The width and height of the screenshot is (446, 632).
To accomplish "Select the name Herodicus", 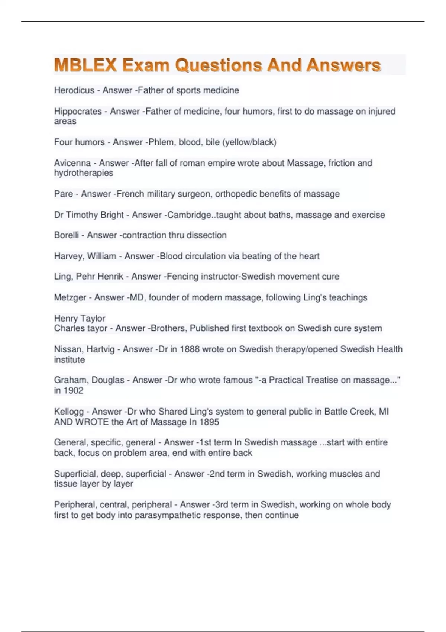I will (74, 90).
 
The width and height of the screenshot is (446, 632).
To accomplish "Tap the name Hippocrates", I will (78, 111).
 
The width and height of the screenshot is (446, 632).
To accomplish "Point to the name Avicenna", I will (72, 163).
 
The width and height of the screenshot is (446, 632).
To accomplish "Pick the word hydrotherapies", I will (84, 173).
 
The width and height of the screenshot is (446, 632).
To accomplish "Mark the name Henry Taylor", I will (80, 318).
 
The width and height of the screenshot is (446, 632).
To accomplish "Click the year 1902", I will (73, 390).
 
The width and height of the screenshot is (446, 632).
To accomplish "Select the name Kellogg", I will (69, 412).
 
